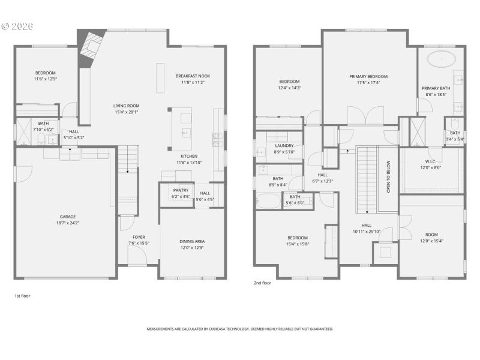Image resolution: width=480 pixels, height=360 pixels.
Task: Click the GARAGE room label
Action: [67, 217]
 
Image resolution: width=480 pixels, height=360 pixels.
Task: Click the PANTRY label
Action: [181, 190]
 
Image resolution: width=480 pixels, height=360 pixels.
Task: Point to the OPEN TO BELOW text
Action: [388, 175]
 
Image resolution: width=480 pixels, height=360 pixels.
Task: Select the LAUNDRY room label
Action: [284, 145]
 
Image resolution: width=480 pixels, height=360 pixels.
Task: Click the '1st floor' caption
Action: [23, 296]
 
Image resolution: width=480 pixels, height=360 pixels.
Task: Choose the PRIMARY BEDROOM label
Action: [368, 76]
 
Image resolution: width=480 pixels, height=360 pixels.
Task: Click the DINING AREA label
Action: [192, 241]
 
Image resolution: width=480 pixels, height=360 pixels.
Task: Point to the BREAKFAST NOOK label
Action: [193, 76]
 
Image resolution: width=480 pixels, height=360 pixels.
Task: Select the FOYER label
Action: [139, 237]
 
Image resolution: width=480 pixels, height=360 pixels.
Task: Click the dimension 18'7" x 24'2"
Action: [67, 223]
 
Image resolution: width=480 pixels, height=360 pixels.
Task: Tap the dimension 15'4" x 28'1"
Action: [127, 112]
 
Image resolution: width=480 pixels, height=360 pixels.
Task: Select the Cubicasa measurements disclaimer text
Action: [240, 329]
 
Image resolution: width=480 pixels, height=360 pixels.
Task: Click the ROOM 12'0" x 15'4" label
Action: [431, 235]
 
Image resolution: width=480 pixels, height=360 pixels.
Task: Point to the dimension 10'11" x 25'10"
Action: [366, 231]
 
